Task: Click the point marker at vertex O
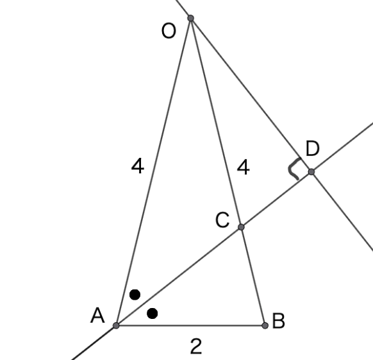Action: [190, 18]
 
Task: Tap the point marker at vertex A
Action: [116, 325]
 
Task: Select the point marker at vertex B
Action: [265, 325]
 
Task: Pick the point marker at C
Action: [241, 227]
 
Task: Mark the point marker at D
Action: [311, 172]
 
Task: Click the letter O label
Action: [169, 31]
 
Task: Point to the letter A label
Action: [97, 315]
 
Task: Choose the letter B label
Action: [278, 321]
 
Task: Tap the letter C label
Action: [222, 220]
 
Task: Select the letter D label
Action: [312, 148]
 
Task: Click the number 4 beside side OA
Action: [138, 166]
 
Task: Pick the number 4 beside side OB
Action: [244, 167]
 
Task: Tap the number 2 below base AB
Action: [196, 346]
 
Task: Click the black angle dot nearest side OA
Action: [135, 295]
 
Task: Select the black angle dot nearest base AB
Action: [153, 313]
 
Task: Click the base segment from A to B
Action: [190, 325]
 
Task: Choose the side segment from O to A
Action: [153, 172]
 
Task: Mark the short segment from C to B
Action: [253, 277]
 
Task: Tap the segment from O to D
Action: [251, 95]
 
